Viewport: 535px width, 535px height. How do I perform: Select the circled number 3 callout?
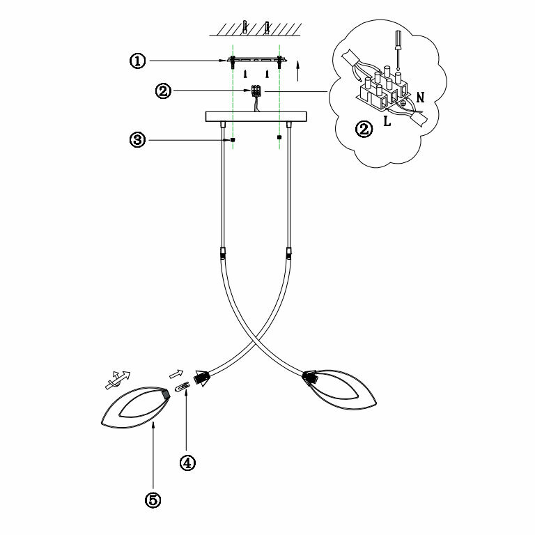[137, 140]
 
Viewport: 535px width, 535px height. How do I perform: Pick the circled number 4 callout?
[186, 462]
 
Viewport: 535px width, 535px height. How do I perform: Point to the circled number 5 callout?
[153, 499]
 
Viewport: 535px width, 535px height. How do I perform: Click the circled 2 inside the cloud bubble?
[363, 129]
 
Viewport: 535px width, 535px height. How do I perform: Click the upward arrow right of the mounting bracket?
[298, 70]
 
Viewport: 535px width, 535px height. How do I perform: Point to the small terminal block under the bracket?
[256, 91]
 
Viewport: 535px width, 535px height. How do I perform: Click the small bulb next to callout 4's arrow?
[181, 386]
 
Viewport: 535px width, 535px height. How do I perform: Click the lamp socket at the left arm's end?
[202, 378]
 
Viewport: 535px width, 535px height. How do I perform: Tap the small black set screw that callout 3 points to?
[232, 140]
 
